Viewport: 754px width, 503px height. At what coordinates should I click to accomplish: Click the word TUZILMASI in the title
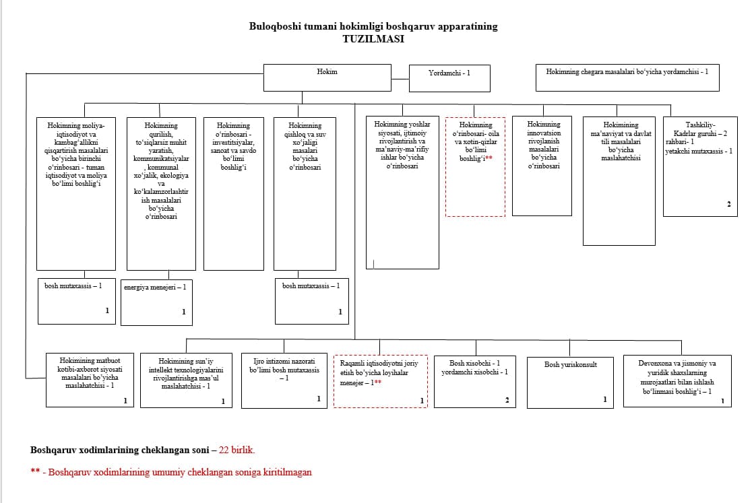pos(373,39)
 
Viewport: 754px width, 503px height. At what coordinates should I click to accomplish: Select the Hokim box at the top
pos(327,77)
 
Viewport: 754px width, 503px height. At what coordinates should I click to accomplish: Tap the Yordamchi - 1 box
pos(449,78)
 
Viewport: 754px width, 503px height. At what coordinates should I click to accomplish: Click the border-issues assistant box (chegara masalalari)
pos(627,77)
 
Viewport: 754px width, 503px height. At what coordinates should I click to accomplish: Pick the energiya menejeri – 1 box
pos(157,302)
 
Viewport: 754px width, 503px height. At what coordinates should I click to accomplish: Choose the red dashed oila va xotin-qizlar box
pos(475,167)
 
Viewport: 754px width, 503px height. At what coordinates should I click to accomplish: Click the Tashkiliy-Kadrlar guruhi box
pos(700,166)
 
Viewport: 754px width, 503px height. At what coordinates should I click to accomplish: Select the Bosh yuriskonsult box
pos(570,383)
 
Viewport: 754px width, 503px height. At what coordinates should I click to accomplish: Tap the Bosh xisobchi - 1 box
pos(475,382)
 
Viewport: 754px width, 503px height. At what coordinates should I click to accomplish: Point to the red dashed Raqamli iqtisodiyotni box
pos(380,381)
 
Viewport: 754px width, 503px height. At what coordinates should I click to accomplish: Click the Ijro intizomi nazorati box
pos(284,381)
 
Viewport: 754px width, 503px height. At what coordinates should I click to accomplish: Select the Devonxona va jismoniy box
pos(678,381)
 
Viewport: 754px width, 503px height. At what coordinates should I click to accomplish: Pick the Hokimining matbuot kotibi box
pos(90,380)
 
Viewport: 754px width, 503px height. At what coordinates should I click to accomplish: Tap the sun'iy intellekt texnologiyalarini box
pos(186,380)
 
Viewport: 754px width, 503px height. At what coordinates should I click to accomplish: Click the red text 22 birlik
pos(237,450)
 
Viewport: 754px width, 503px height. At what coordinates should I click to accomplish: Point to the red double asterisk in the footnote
pos(35,470)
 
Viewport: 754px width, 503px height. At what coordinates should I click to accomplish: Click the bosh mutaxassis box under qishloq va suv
pos(311,301)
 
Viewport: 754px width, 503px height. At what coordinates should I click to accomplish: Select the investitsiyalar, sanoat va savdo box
pos(234,194)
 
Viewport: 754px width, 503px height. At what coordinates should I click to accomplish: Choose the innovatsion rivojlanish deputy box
pos(542,166)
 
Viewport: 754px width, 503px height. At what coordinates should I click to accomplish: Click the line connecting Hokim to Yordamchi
pos(400,79)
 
